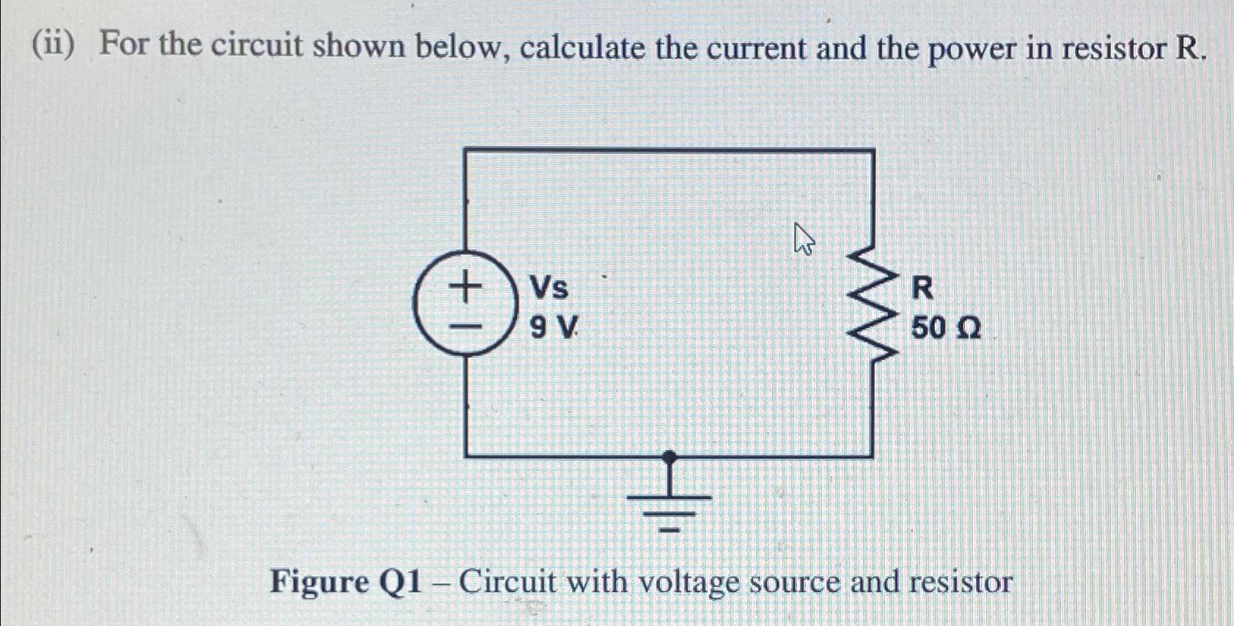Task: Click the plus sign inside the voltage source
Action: point(465,286)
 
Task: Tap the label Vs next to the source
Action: point(549,288)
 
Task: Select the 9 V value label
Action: point(554,328)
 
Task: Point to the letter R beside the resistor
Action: point(922,288)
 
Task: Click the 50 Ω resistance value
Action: point(945,328)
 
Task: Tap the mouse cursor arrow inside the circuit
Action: point(804,240)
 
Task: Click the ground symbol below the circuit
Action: point(669,506)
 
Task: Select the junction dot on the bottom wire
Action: point(669,456)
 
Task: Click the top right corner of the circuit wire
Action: point(873,150)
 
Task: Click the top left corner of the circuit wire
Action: point(466,150)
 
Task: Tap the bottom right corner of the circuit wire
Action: point(873,456)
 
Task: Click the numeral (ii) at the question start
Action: point(53,46)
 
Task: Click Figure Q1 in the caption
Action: point(346,583)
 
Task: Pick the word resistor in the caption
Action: point(961,583)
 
